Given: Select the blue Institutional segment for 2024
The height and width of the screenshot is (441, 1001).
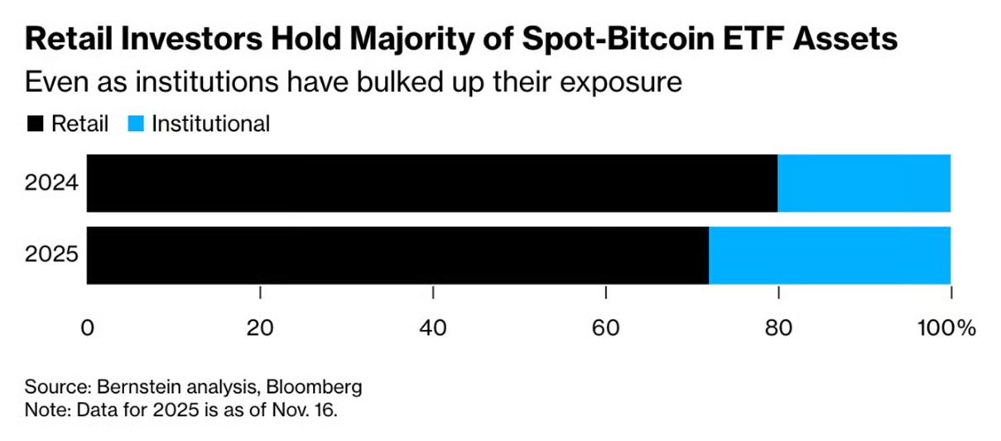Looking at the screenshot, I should point(864,182).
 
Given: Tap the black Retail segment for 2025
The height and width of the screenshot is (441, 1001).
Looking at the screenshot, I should point(397,254).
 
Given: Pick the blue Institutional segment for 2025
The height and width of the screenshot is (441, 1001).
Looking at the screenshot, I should point(829,254).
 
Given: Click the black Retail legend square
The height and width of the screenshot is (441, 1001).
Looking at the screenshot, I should point(36,124).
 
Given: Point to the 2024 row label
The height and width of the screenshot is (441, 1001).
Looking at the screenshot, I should point(51,182).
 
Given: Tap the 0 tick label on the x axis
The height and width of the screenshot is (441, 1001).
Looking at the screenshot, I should point(87,327).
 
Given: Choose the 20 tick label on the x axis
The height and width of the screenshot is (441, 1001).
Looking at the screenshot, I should point(260,327).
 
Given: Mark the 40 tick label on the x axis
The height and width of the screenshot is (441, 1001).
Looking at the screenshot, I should point(434,327).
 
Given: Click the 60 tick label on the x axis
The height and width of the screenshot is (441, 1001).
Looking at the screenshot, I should point(606,327).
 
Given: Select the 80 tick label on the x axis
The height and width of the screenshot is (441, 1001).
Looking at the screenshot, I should point(779,327).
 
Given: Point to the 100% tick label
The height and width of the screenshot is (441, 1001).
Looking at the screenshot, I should point(946,327).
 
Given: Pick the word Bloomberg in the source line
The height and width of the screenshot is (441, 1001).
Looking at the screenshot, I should point(320,387).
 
